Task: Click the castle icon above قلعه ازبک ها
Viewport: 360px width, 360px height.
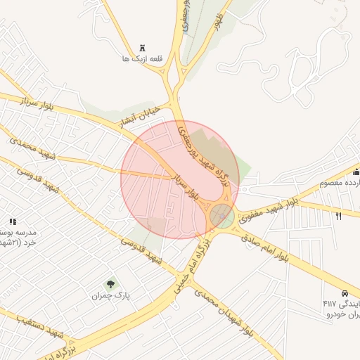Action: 143,48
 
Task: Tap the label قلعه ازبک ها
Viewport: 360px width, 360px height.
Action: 142,59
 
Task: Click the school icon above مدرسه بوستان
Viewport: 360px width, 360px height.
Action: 12,221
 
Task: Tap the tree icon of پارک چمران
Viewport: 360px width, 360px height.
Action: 110,284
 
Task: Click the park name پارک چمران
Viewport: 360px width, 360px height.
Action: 110,296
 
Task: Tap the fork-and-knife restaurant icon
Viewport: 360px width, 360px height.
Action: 339,217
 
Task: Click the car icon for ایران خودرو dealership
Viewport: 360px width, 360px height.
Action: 345,293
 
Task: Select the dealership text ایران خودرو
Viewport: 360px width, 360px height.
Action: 342,314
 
